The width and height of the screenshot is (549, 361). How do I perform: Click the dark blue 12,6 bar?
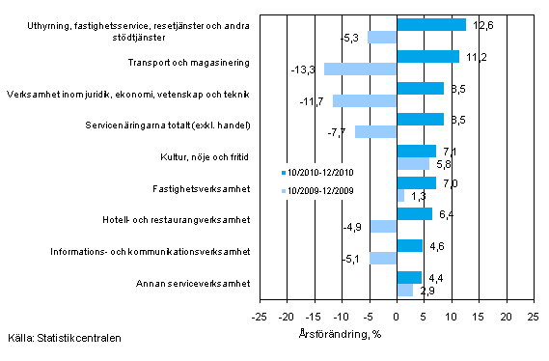[430, 25]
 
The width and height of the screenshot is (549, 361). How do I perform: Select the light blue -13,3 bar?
[360, 69]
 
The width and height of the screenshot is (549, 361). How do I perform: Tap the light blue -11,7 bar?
[365, 100]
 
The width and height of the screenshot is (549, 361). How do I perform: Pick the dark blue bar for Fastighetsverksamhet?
[416, 182]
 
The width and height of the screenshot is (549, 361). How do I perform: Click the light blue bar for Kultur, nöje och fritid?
[412, 163]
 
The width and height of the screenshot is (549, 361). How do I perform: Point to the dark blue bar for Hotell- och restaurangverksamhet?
[414, 213]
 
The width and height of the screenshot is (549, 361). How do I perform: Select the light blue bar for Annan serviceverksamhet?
[404, 290]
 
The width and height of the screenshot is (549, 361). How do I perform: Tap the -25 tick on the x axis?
[259, 316]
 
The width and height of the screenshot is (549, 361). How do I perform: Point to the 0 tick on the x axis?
[396, 316]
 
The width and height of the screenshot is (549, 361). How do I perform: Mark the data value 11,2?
[474, 57]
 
